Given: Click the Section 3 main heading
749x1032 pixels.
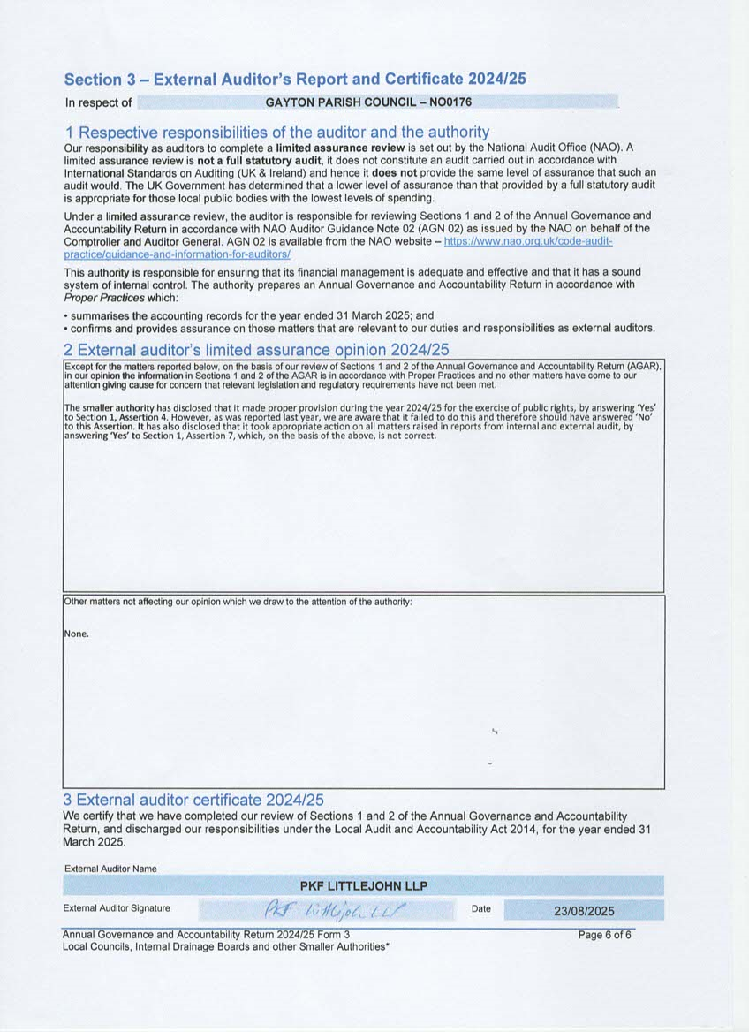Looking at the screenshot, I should [x=295, y=79].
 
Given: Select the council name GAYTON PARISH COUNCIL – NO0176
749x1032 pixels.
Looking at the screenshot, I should [x=368, y=102].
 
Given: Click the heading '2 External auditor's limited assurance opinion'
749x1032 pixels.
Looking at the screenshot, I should [x=257, y=350].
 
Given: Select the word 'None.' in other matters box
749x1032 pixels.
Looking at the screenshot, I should [x=77, y=634].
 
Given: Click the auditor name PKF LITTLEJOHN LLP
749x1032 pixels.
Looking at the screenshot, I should [x=364, y=885].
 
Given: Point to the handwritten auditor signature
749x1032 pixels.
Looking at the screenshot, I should [x=339, y=909].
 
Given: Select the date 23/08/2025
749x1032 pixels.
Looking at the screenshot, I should [x=584, y=910].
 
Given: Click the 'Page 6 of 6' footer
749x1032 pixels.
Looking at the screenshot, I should [x=605, y=935].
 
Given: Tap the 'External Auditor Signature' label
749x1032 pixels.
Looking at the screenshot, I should [x=117, y=908].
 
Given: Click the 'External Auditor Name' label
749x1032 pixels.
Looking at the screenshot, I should [x=110, y=869].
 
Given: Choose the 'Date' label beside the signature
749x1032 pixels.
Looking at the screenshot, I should [x=481, y=908].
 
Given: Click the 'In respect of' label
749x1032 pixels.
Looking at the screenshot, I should [x=98, y=103].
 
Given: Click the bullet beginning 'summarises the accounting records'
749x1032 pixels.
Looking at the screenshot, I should [x=249, y=315].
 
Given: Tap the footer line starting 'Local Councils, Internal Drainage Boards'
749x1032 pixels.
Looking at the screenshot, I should [x=226, y=946].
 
